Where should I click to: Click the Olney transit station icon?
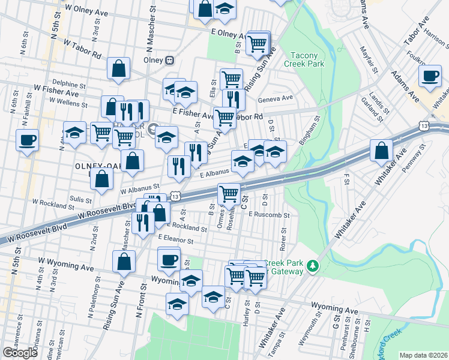(x=170, y=60)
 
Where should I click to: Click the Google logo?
(x=20, y=353)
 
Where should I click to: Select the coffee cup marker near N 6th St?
(x=28, y=141)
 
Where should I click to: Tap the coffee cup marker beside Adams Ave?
(x=429, y=77)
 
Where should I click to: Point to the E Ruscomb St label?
(x=268, y=214)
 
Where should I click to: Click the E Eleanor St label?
(x=175, y=238)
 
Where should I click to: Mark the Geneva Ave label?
(x=275, y=98)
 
